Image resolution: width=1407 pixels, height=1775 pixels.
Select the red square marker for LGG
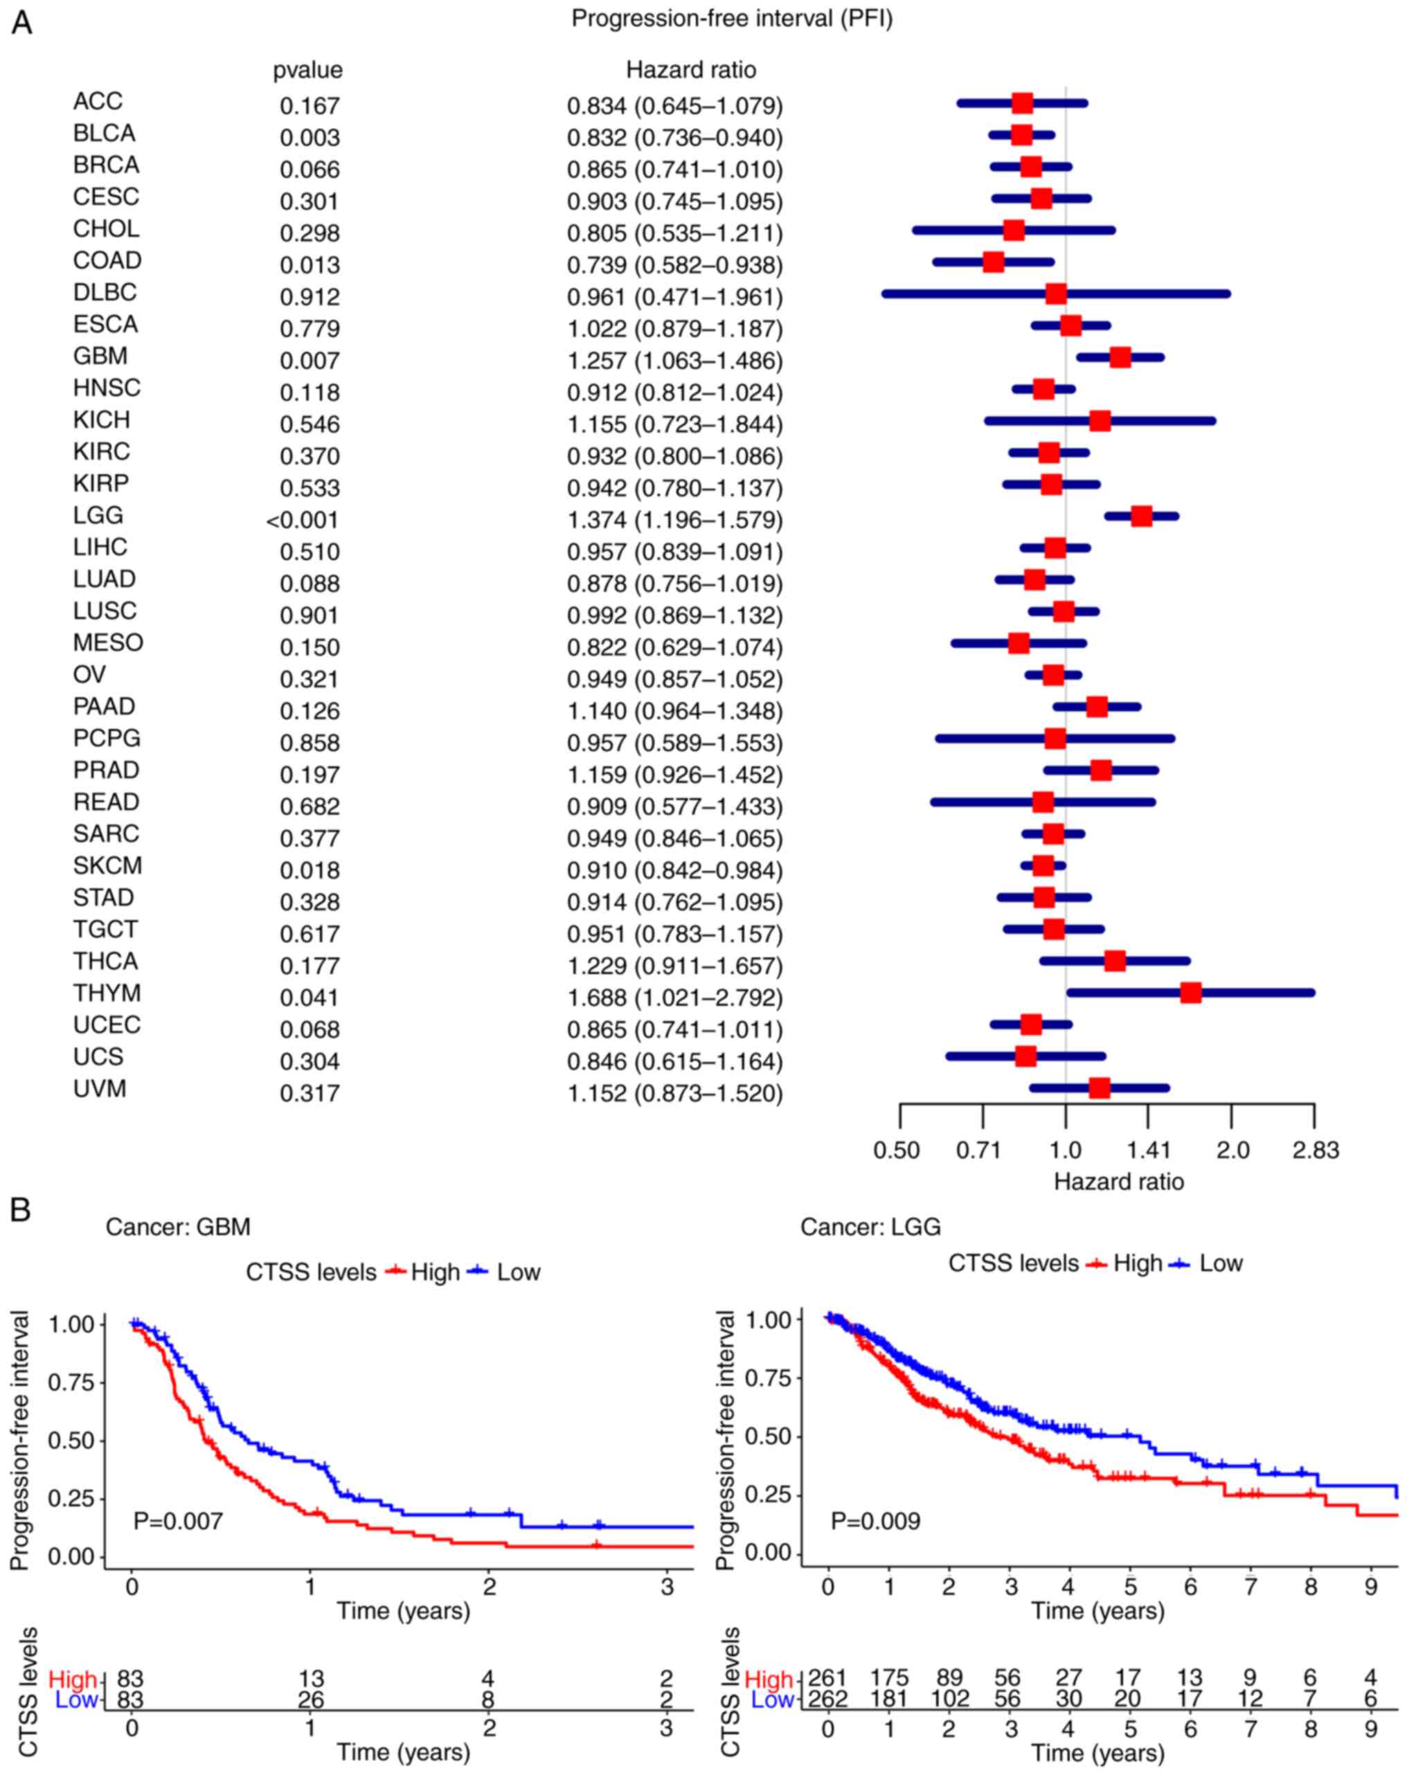1141,516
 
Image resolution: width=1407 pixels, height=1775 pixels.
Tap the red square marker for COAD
994,262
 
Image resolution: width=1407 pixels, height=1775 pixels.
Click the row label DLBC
105,292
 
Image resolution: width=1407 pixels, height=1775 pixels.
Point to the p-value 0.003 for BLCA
310,138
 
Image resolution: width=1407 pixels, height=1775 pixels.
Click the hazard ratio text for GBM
674,361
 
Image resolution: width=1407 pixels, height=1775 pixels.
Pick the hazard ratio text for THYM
674,998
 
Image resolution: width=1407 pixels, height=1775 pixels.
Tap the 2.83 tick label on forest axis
1315,1149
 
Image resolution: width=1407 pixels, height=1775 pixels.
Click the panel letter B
21,1210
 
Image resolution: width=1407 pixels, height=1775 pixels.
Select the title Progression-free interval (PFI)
732,19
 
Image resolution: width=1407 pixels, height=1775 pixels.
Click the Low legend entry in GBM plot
504,1272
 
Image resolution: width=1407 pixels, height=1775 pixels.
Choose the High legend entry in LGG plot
1124,1263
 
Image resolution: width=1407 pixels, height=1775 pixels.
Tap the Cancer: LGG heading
870,1227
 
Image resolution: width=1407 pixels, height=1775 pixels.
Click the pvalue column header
308,71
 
